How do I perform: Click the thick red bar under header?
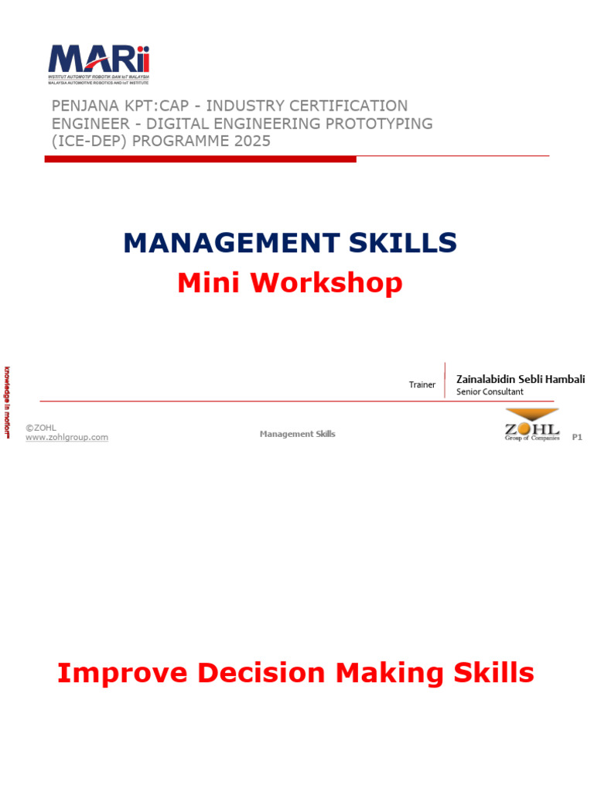click(x=200, y=159)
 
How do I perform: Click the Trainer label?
click(x=422, y=384)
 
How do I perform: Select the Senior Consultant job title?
click(x=490, y=392)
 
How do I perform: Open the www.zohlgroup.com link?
click(x=67, y=437)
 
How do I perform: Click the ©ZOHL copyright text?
click(x=40, y=427)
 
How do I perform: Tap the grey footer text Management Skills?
click(x=297, y=434)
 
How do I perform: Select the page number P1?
click(x=576, y=437)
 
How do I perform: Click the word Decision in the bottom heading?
click(x=262, y=673)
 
